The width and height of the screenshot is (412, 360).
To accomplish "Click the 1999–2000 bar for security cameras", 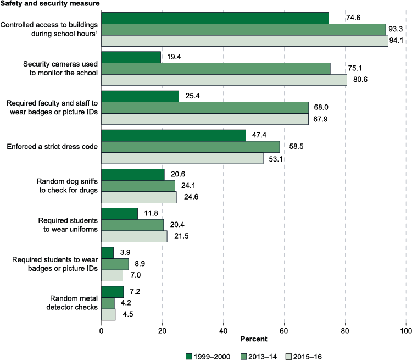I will [131, 57].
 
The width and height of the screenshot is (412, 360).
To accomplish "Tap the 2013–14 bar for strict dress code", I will [191, 147].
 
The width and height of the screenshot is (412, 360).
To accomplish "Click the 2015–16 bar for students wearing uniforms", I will [134, 236].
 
